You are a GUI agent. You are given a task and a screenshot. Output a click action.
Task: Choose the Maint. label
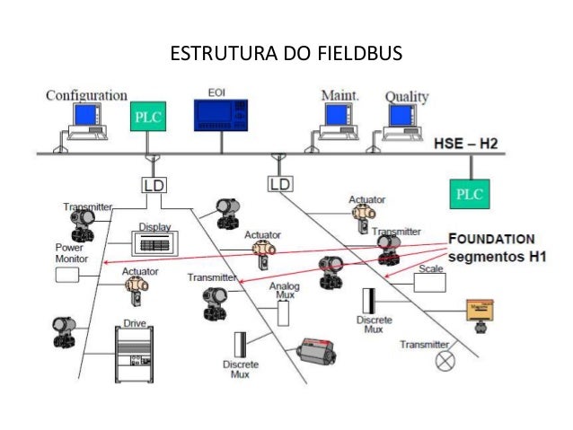coord(341,94)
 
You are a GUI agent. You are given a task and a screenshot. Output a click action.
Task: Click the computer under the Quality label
coord(401,121)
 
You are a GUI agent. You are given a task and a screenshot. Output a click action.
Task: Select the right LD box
coord(281,184)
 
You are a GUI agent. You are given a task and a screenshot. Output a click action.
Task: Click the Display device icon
coord(154,243)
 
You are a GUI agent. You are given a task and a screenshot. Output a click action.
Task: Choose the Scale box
coord(429,283)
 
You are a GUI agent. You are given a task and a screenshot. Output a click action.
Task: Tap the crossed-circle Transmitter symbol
coord(445,361)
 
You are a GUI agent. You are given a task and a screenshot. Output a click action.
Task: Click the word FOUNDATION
coord(491,240)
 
